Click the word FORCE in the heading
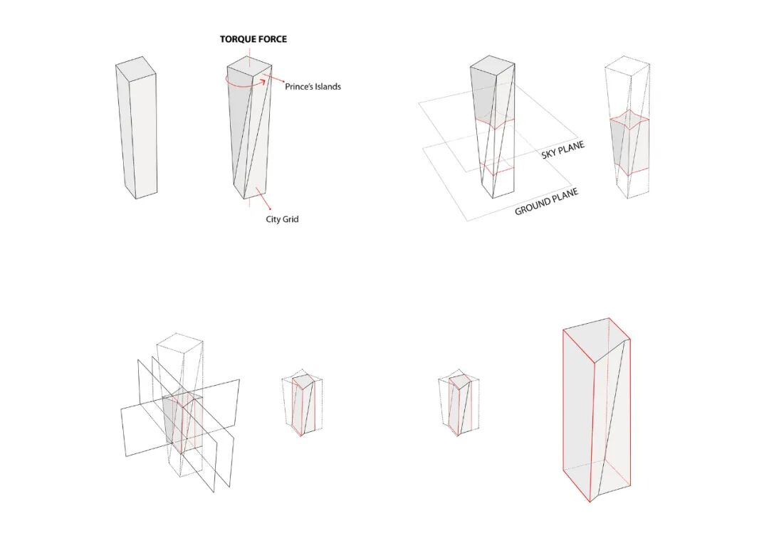(273, 39)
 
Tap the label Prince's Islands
(313, 87)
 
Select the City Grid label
(282, 219)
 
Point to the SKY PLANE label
(563, 149)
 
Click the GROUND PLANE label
(546, 201)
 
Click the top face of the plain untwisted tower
(135, 66)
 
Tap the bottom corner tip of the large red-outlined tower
(590, 501)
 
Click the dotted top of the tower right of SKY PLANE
(627, 67)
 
